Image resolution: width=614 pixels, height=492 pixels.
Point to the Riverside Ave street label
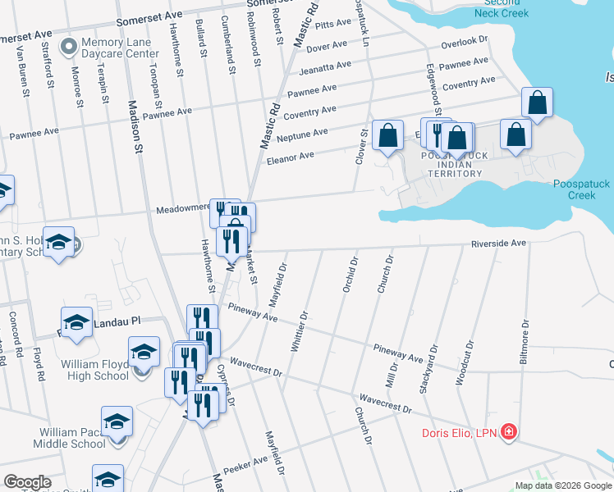(x=497, y=244)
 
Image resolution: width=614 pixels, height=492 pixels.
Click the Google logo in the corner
(x=27, y=482)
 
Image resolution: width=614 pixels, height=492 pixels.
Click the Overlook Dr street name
(x=464, y=40)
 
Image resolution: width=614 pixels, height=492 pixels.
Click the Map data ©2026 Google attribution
(x=562, y=485)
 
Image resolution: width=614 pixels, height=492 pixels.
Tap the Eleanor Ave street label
(x=290, y=156)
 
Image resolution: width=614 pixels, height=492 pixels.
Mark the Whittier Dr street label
(x=298, y=331)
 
